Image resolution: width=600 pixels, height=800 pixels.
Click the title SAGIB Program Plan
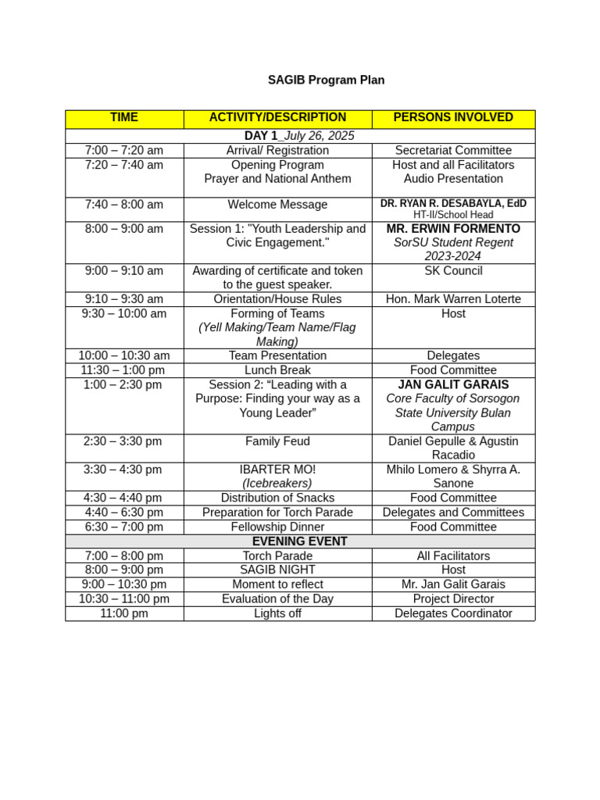pyautogui.click(x=326, y=80)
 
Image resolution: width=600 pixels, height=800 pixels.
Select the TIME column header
pyautogui.click(x=124, y=117)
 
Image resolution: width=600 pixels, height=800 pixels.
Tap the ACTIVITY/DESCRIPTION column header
pyautogui.click(x=277, y=117)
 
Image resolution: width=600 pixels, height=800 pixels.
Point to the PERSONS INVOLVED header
pyautogui.click(x=453, y=117)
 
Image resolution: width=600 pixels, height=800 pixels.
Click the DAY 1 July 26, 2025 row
pyautogui.click(x=299, y=136)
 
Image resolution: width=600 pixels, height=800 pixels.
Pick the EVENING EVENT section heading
pyautogui.click(x=299, y=541)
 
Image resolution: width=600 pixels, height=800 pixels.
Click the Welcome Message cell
pyautogui.click(x=277, y=205)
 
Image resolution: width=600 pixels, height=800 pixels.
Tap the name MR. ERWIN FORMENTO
pyautogui.click(x=453, y=229)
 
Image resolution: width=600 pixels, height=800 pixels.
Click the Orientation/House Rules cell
pyautogui.click(x=277, y=299)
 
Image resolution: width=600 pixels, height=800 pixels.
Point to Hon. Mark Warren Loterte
pyautogui.click(x=453, y=299)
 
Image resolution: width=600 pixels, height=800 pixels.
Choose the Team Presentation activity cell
pyautogui.click(x=277, y=355)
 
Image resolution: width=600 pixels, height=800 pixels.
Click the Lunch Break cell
pyautogui.click(x=277, y=370)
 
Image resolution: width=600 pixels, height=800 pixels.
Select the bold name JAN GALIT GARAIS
pyautogui.click(x=453, y=384)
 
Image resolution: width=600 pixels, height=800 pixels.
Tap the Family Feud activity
pyautogui.click(x=277, y=441)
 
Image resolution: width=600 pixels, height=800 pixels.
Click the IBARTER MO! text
pyautogui.click(x=277, y=470)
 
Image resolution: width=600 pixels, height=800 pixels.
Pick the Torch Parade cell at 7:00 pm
pyautogui.click(x=277, y=556)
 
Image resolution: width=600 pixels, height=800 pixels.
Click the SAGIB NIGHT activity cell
pyautogui.click(x=277, y=570)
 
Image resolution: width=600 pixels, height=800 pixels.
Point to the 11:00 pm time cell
pyautogui.click(x=124, y=613)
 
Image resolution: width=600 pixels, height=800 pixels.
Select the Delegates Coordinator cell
pyautogui.click(x=453, y=613)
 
